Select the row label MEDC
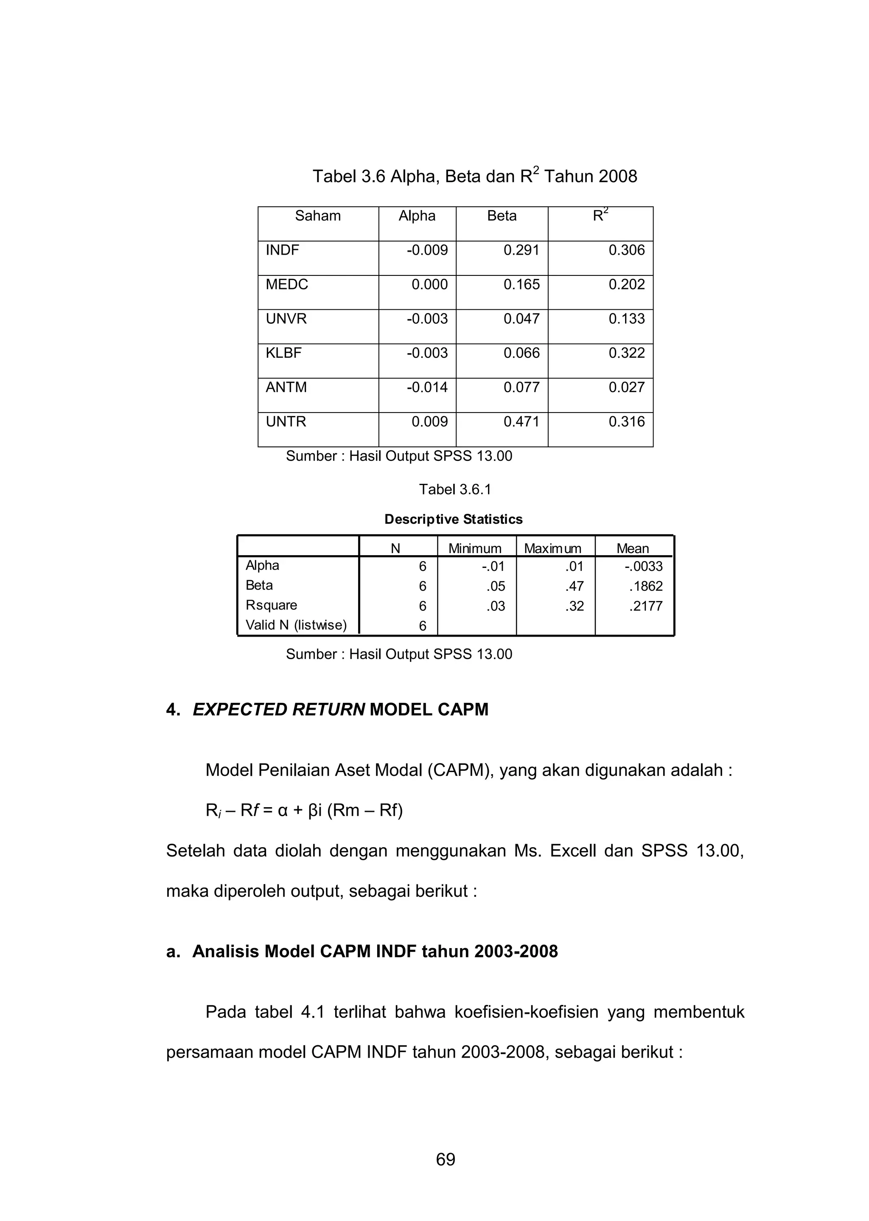(x=287, y=285)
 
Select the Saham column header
(x=318, y=216)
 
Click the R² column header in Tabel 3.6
(x=600, y=216)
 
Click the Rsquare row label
(x=271, y=605)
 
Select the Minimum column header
(x=475, y=548)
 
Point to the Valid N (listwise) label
(x=296, y=625)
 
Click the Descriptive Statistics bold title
(x=453, y=519)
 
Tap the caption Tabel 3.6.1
(x=455, y=490)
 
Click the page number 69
(x=445, y=1159)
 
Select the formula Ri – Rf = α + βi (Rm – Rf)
(x=304, y=811)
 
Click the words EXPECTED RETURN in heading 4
(x=278, y=710)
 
